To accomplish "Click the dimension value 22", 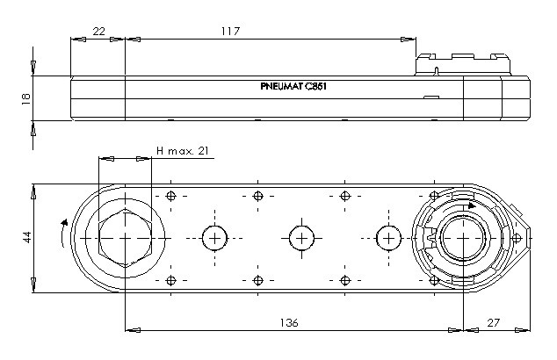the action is (98, 32).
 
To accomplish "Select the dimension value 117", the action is (230, 32).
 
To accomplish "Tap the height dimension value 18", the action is (26, 98).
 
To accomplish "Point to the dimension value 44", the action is (26, 237).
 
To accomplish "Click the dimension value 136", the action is (289, 323).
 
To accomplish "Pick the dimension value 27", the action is (493, 323).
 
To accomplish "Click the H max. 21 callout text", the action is (183, 151).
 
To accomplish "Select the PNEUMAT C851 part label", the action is (293, 86).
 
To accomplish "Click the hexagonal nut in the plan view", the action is (125, 238).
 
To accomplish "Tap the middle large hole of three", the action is (301, 238).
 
